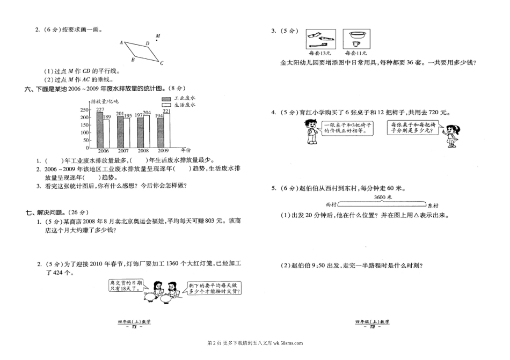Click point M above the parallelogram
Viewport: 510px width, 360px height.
pyautogui.click(x=157, y=38)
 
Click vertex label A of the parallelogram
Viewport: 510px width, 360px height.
pyautogui.click(x=121, y=42)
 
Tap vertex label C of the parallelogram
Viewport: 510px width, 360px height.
pyautogui.click(x=161, y=63)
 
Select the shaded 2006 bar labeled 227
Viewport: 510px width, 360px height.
pyautogui.click(x=100, y=130)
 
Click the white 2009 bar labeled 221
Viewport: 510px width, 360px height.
pyautogui.click(x=166, y=131)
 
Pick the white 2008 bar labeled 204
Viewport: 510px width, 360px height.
pyautogui.click(x=147, y=133)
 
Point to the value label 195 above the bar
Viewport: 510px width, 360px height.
pyautogui.click(x=128, y=115)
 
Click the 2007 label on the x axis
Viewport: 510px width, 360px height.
pyautogui.click(x=123, y=151)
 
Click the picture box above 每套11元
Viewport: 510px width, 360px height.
pyautogui.click(x=354, y=39)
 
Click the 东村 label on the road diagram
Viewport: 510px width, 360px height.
pyautogui.click(x=433, y=205)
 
